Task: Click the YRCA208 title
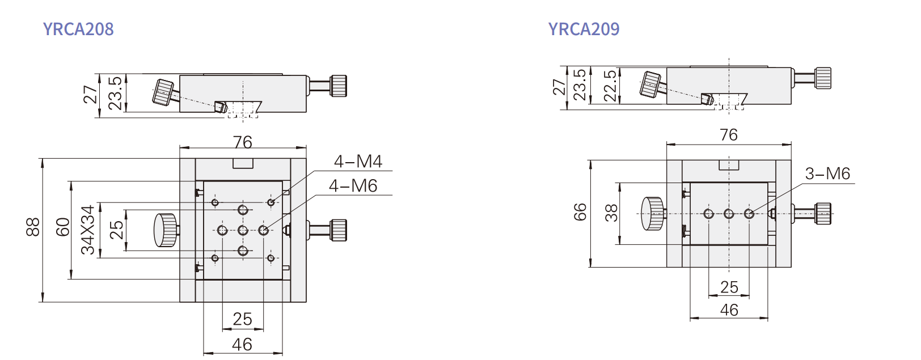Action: pos(78,29)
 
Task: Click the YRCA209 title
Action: pos(584,29)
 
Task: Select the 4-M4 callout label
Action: pos(358,162)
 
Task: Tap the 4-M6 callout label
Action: pos(353,186)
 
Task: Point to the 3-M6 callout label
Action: pos(827,173)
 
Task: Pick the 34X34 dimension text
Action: pos(88,230)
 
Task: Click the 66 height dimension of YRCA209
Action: pos(580,213)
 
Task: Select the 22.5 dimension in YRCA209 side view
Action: pos(610,86)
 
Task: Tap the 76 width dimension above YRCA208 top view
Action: pos(242,142)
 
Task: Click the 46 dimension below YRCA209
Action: pos(729,310)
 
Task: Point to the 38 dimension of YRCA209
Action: pos(611,213)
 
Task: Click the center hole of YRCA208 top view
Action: pos(243,230)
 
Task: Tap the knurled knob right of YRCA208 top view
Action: pos(339,230)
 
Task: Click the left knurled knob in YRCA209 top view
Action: pos(653,214)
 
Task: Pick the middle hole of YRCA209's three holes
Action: pos(729,214)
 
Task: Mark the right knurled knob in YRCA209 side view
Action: pos(823,78)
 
